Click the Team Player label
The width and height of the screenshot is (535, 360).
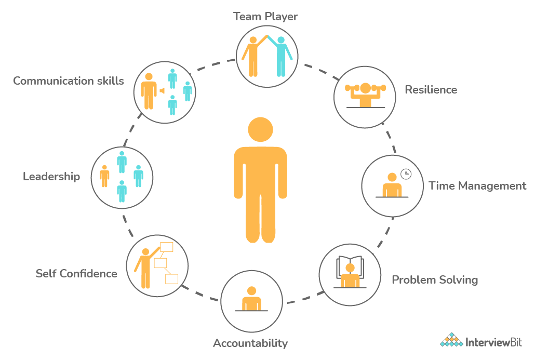click(265, 17)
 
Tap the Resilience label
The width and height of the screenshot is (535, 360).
click(431, 90)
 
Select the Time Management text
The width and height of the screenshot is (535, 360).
click(477, 186)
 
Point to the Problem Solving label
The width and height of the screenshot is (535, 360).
click(435, 280)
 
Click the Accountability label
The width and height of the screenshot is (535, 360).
click(250, 343)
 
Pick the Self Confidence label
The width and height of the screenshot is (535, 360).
click(76, 274)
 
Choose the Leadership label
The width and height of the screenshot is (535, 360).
click(51, 177)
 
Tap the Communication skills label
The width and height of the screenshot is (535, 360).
click(69, 81)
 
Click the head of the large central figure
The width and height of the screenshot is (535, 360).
click(260, 129)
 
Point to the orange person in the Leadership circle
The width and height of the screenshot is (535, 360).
click(104, 176)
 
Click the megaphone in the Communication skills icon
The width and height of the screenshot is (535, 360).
click(162, 91)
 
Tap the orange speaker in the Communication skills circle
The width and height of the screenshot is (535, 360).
click(149, 90)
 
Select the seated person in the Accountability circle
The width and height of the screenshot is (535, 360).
click(252, 300)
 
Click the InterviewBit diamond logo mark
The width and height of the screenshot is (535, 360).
click(451, 340)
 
